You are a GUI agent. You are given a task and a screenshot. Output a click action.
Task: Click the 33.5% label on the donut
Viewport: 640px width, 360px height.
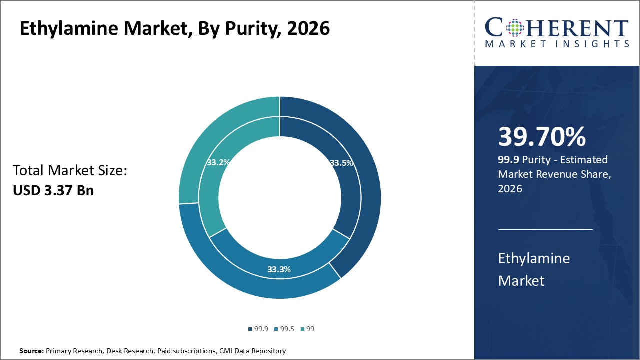[x=342, y=163]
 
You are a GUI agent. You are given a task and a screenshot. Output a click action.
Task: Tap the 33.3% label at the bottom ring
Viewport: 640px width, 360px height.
[x=279, y=269]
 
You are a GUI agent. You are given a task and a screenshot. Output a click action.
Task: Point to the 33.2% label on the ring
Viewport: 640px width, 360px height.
[x=218, y=162]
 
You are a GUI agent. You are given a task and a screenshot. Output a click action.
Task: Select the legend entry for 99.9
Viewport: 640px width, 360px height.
[x=258, y=329]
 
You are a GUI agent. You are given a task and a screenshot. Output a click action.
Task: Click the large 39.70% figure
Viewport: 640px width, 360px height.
[x=542, y=137]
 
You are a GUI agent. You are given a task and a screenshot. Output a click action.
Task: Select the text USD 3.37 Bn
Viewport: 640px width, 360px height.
[x=53, y=190]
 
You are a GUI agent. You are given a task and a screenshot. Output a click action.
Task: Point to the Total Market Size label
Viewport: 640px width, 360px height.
[x=70, y=171]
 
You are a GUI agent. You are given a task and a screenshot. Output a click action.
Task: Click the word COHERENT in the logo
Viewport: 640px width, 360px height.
[x=557, y=28]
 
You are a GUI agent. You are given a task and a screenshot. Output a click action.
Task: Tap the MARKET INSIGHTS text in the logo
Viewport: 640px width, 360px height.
[x=557, y=44]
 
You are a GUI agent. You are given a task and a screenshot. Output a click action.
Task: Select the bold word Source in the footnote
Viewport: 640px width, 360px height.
[x=31, y=351]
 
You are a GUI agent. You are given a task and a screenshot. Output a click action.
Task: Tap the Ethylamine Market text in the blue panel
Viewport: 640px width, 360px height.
[x=534, y=269]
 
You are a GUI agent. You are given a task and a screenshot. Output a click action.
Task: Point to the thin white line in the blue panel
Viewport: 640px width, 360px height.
[x=545, y=230]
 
